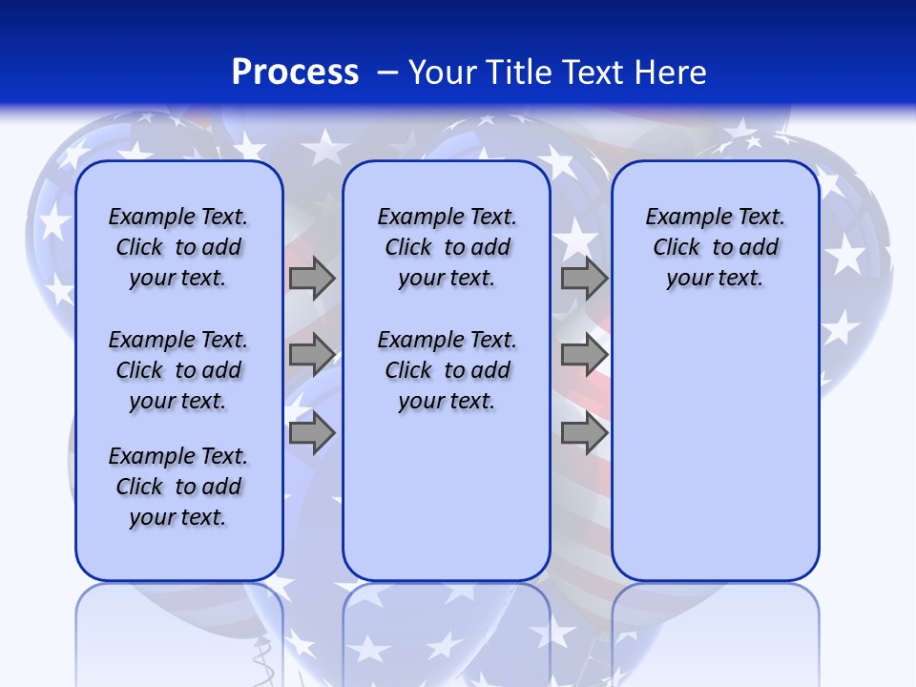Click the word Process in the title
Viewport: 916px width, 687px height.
click(295, 73)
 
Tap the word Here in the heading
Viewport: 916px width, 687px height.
click(668, 73)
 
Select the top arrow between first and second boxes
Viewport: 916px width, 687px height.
click(312, 278)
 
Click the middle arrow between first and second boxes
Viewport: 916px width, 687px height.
click(312, 355)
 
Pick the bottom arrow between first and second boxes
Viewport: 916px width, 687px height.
click(312, 434)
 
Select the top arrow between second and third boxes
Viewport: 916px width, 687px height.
click(584, 278)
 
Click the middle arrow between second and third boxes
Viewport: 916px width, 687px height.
click(584, 355)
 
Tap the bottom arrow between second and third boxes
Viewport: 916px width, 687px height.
click(584, 434)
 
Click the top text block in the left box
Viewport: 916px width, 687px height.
click(177, 247)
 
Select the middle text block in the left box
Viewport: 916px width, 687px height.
click(177, 370)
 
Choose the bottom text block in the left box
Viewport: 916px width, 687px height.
click(177, 487)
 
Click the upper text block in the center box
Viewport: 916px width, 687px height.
click(447, 247)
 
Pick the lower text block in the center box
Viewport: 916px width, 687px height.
click(447, 370)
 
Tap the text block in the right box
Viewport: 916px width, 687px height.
click(715, 247)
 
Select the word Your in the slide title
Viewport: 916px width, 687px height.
click(441, 73)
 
